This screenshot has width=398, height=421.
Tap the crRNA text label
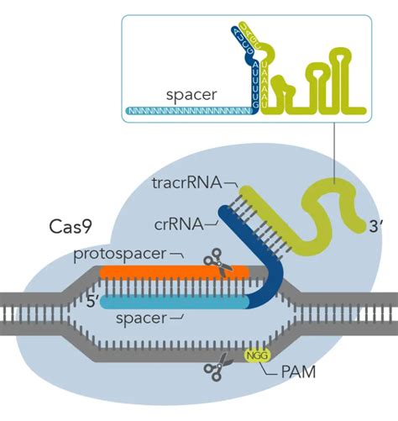(x=177, y=223)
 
